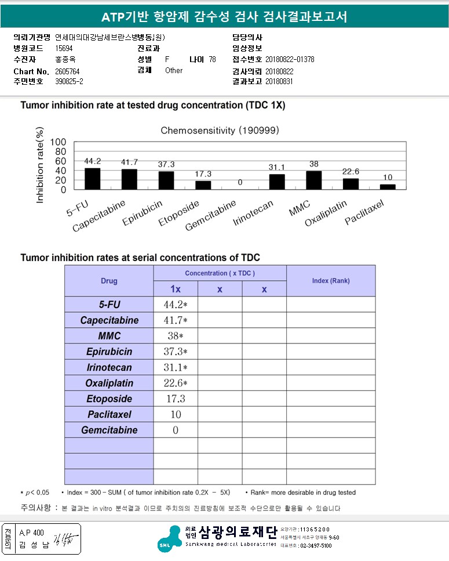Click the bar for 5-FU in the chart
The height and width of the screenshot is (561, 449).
pyautogui.click(x=92, y=179)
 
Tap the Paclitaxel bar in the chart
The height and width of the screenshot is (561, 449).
pyautogui.click(x=388, y=187)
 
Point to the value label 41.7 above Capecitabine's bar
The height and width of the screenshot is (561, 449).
pyautogui.click(x=129, y=162)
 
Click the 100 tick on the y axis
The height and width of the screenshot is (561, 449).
pyautogui.click(x=59, y=142)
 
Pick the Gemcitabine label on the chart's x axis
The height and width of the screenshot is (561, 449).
pyautogui.click(x=211, y=215)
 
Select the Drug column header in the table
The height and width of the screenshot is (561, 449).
pyautogui.click(x=109, y=281)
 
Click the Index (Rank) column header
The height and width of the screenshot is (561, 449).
pyautogui.click(x=331, y=281)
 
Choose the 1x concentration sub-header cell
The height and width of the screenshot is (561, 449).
pyautogui.click(x=176, y=289)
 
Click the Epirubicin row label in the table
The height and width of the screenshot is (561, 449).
pyautogui.click(x=109, y=352)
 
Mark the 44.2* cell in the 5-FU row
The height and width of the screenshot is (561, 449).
pyautogui.click(x=176, y=305)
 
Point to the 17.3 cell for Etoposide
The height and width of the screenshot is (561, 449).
pyautogui.click(x=176, y=399)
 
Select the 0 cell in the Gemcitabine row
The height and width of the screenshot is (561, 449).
pyautogui.click(x=176, y=430)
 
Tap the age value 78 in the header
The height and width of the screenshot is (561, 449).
pyautogui.click(x=212, y=60)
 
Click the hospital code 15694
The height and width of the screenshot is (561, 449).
pyautogui.click(x=64, y=49)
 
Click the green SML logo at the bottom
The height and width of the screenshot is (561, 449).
pyautogui.click(x=175, y=538)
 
